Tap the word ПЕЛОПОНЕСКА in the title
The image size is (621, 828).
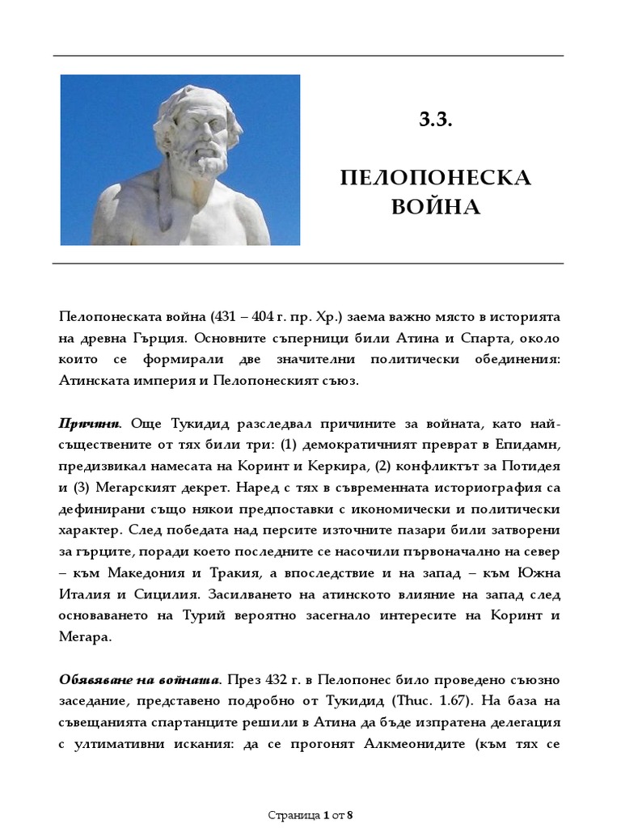coord(436,178)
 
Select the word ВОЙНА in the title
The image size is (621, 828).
coord(436,207)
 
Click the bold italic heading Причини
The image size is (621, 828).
coord(89,425)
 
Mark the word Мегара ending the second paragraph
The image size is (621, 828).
coord(84,636)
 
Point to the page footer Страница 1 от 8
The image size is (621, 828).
coord(310,815)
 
